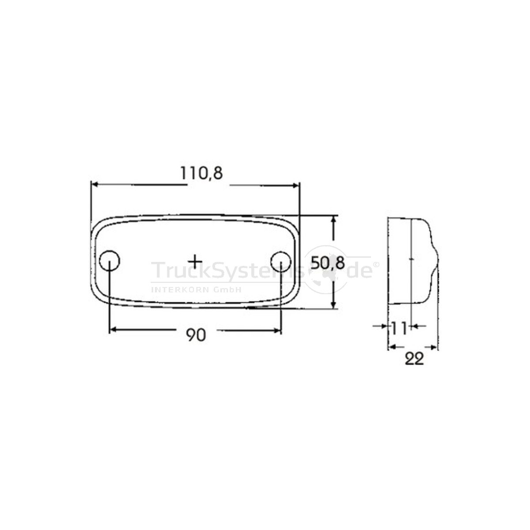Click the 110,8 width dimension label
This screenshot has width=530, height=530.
pyautogui.click(x=201, y=173)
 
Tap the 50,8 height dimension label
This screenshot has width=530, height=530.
pyautogui.click(x=328, y=263)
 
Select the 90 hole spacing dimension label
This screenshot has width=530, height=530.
pyautogui.click(x=196, y=335)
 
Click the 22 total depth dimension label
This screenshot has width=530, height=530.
pyautogui.click(x=414, y=359)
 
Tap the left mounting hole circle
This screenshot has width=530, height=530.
pyautogui.click(x=110, y=260)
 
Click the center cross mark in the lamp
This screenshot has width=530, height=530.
pyautogui.click(x=195, y=261)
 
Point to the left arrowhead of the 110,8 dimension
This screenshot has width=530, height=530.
pyautogui.click(x=95, y=185)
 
